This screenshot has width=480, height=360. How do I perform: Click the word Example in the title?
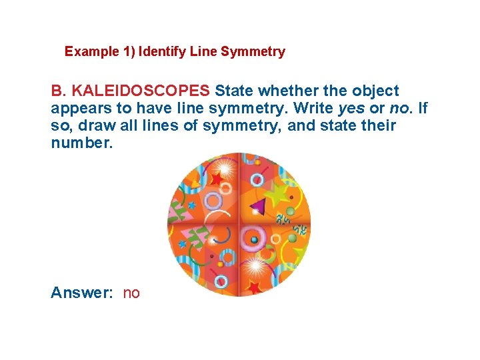tap(87, 52)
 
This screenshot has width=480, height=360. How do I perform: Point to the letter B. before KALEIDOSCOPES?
tap(59, 91)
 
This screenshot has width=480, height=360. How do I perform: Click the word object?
tap(375, 91)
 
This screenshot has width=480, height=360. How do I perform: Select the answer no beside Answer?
tap(131, 293)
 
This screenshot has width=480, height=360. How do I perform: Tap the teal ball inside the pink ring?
tap(254, 240)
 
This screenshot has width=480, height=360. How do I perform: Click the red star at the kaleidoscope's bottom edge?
tap(254, 287)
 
